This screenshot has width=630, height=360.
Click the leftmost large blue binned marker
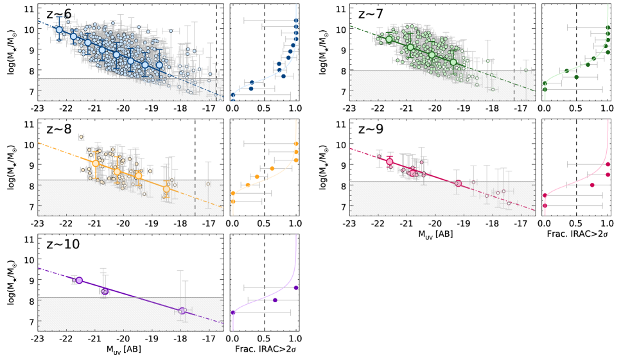point(59,30)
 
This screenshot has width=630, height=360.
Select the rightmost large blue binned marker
point(159,65)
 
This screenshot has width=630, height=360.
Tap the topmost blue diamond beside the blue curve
point(296,21)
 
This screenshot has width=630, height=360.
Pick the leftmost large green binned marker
point(389,39)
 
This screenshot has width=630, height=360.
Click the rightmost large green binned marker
point(453,62)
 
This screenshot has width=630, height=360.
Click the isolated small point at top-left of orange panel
point(81,137)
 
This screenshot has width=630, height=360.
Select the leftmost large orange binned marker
point(95,164)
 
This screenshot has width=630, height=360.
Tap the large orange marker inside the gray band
point(166,189)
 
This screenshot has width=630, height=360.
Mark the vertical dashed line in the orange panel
point(195,198)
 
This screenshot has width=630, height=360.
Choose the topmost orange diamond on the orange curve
point(296,143)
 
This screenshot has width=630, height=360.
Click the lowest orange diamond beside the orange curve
point(233,201)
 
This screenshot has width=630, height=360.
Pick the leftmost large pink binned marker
point(390,162)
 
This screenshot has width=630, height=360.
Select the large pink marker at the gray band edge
point(458,184)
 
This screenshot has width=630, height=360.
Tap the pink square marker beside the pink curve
point(592,185)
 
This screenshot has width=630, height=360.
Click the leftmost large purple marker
point(79,280)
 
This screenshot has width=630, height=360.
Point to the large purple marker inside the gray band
point(182,311)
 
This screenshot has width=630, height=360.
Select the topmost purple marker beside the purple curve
point(296,287)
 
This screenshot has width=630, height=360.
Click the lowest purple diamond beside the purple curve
point(233,313)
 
